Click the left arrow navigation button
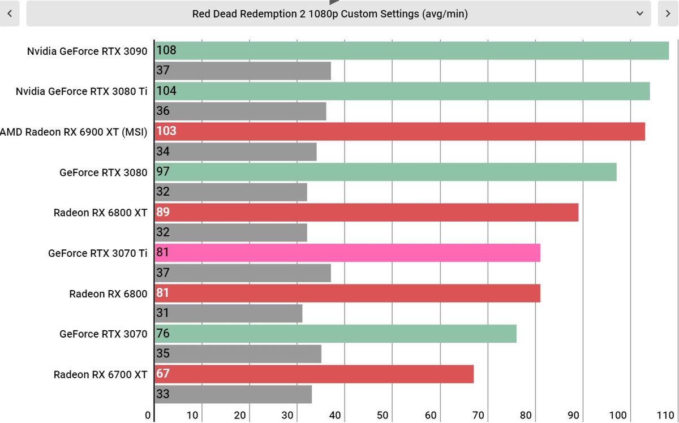coord(10,14)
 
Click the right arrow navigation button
coord(668,14)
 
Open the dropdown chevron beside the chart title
coord(640,14)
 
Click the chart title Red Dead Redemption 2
coord(330,14)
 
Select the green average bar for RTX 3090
coord(411,50)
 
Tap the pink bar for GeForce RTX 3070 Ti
coord(347,253)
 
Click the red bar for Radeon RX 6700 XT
coord(314,374)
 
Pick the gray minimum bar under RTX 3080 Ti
coord(240,111)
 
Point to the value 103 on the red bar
coord(166,131)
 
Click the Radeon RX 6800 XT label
coord(100,213)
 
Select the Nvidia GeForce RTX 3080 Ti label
coord(81,91)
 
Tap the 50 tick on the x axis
coord(383,416)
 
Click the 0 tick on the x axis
coord(148,416)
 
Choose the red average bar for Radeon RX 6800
coord(347,293)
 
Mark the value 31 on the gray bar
coord(163,313)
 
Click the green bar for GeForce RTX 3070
coord(336,334)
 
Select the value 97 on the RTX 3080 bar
coord(163,172)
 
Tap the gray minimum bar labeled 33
coord(233,394)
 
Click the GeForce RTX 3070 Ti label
coord(97,253)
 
